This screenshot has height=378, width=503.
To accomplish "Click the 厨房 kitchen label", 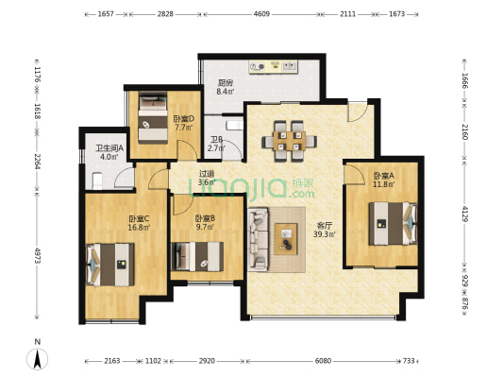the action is [x=226, y=83].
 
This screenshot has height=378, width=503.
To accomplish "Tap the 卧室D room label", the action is [x=184, y=119].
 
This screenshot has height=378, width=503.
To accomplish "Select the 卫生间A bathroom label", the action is [x=109, y=148].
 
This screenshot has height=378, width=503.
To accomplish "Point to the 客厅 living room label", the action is [x=325, y=226].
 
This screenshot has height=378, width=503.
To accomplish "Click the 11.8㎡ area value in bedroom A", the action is [x=384, y=184].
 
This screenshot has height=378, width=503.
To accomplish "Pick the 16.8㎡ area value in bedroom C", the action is [x=139, y=228].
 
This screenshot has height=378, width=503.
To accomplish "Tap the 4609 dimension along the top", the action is [x=261, y=14].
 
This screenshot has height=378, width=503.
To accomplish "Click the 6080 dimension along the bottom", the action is [x=323, y=361].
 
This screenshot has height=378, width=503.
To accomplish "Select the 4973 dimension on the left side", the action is [x=37, y=255].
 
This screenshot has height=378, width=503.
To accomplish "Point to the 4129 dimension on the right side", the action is [x=465, y=214].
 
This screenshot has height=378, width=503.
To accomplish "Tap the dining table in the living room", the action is [x=290, y=141].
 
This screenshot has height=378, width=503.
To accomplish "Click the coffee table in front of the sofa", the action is [x=286, y=239].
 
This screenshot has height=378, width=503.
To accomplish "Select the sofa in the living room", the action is [x=258, y=239].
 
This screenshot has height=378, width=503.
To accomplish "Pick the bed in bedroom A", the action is [x=393, y=223].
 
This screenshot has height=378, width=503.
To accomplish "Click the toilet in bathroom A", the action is [x=97, y=180].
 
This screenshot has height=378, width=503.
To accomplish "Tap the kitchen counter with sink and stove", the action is [x=274, y=67].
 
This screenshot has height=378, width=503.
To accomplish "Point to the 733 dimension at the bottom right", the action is [x=409, y=361].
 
